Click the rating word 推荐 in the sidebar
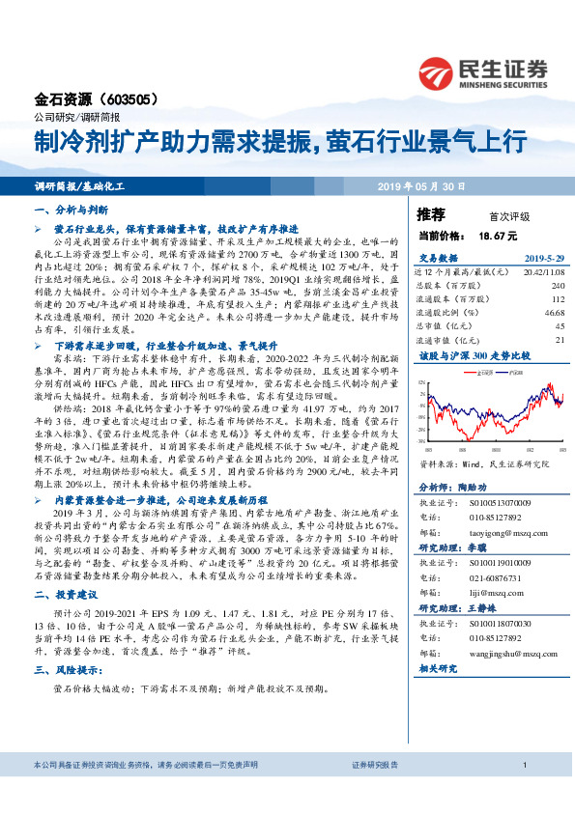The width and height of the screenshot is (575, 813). click(x=431, y=212)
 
